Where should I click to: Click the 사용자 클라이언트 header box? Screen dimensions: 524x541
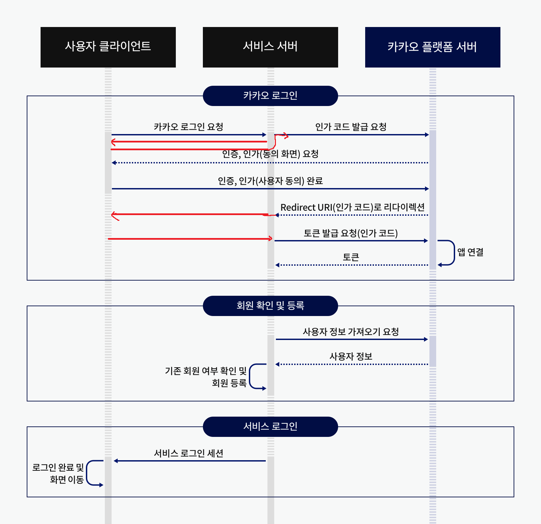click(108, 47)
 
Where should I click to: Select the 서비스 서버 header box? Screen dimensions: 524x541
click(270, 47)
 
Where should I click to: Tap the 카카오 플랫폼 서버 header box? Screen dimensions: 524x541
click(432, 47)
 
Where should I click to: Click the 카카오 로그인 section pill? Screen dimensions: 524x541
click(270, 96)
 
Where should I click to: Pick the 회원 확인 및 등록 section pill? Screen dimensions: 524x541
click(270, 306)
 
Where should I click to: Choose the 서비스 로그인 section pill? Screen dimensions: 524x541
click(270, 427)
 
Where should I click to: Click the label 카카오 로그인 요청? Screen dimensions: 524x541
click(188, 127)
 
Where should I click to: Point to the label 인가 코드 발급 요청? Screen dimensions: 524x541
click(351, 127)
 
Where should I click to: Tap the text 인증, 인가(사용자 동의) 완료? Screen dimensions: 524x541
click(270, 181)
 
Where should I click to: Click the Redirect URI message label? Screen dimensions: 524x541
click(352, 207)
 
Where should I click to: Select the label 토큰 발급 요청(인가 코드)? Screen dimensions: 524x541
click(351, 233)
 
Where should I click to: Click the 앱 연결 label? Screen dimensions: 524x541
click(470, 252)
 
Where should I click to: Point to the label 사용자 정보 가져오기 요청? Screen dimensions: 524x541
click(351, 332)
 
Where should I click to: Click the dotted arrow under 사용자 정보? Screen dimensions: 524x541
click(352, 364)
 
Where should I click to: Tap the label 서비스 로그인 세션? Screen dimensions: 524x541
click(188, 453)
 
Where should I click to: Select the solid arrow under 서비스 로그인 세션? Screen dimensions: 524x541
click(189, 461)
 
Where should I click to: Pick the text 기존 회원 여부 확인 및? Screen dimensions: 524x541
click(206, 371)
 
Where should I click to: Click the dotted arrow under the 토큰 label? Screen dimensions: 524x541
click(352, 265)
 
